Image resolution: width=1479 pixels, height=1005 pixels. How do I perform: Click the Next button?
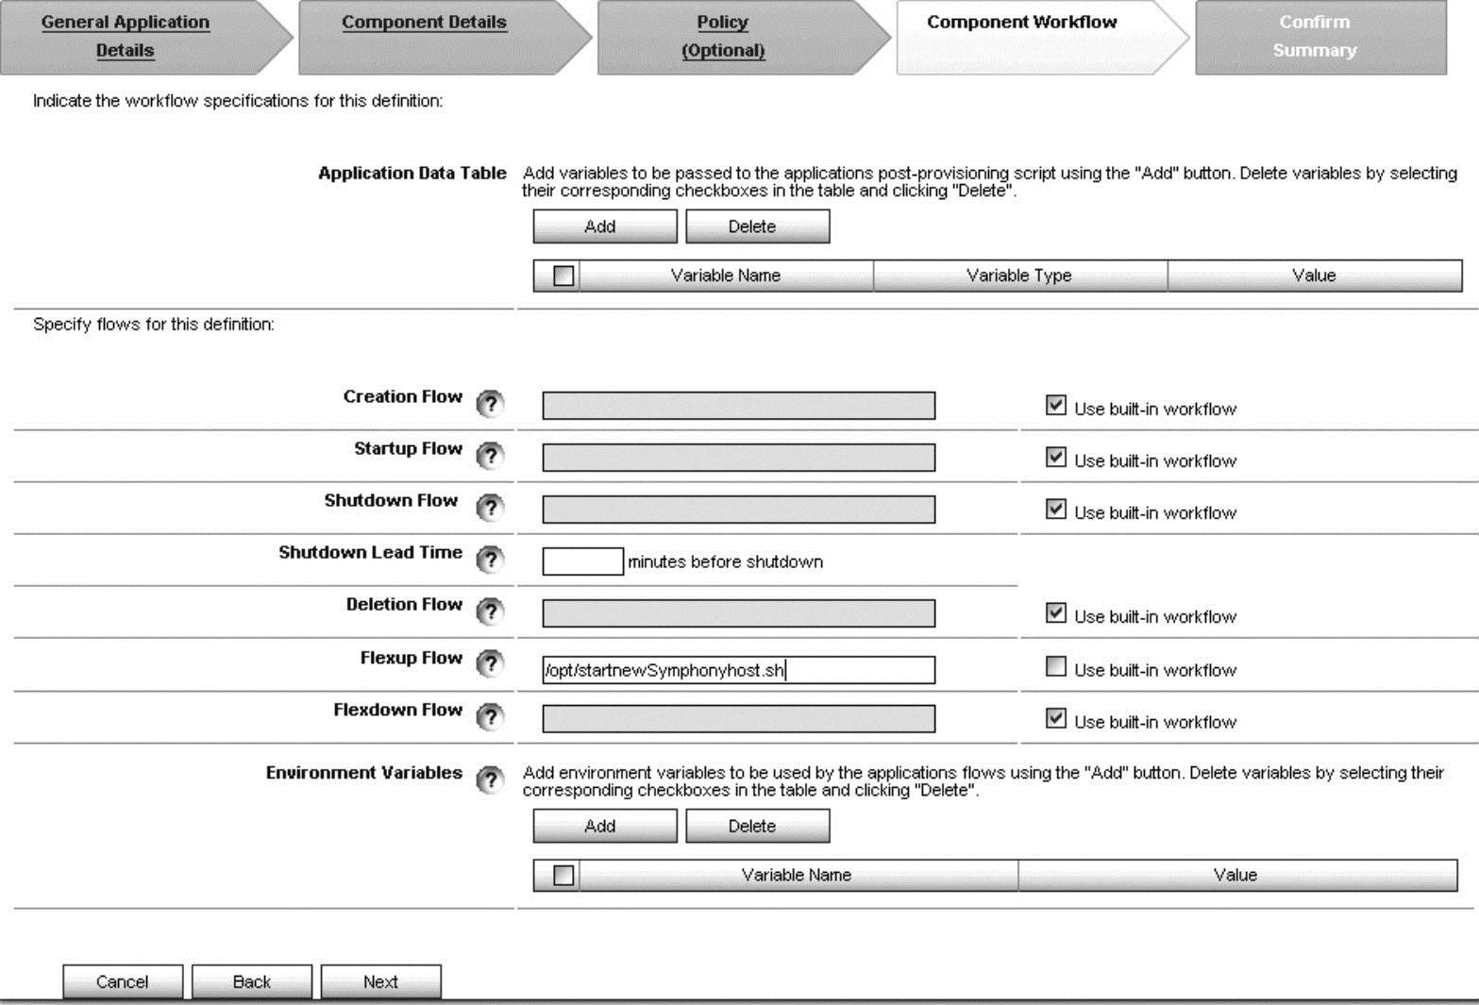pyautogui.click(x=380, y=981)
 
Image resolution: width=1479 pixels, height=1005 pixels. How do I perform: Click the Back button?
pyautogui.click(x=251, y=981)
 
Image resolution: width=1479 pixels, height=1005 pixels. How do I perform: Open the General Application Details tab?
pyautogui.click(x=126, y=36)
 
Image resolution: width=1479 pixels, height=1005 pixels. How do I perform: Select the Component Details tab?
pyautogui.click(x=424, y=23)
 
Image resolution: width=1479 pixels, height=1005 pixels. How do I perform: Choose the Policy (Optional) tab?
pyautogui.click(x=723, y=36)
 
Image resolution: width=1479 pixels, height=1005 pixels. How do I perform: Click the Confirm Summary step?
pyautogui.click(x=1314, y=36)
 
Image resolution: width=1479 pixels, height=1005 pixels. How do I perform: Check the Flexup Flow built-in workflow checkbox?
pyautogui.click(x=1056, y=666)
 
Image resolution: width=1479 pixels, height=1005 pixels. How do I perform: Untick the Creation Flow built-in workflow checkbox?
pyautogui.click(x=1056, y=406)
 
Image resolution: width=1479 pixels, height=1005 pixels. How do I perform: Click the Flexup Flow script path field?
pyautogui.click(x=738, y=670)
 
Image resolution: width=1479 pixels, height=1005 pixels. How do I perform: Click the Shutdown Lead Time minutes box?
pyautogui.click(x=582, y=561)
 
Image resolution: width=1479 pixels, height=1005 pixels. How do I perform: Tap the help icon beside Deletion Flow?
pyautogui.click(x=490, y=611)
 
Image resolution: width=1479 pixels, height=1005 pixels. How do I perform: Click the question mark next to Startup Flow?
pyautogui.click(x=490, y=456)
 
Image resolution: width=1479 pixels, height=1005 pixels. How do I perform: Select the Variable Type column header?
pyautogui.click(x=1019, y=276)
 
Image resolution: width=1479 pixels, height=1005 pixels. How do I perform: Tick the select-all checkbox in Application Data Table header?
pyautogui.click(x=563, y=276)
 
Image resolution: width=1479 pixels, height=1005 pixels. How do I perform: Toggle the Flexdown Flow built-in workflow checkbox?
pyautogui.click(x=1056, y=718)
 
